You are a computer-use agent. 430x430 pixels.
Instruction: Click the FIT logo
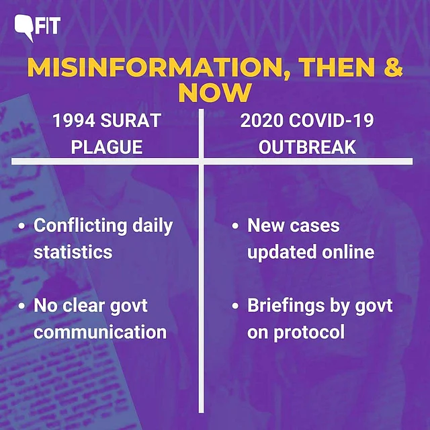(38, 28)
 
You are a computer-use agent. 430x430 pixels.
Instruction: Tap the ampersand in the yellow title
(393, 67)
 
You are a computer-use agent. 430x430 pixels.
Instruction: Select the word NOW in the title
(215, 93)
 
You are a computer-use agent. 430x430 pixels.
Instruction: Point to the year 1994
(74, 120)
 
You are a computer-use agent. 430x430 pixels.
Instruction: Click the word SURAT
(131, 120)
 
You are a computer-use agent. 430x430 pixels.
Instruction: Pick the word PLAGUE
(107, 147)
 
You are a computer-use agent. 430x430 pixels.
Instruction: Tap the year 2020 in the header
(261, 120)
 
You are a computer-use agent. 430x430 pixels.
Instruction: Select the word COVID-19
(331, 120)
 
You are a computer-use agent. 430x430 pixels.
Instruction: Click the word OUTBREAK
(307, 147)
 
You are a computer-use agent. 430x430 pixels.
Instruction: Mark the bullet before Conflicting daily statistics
(21, 226)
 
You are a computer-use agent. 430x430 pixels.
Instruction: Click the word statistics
(73, 252)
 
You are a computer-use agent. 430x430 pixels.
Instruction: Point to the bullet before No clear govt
(21, 306)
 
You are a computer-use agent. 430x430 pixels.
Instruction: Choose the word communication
(100, 332)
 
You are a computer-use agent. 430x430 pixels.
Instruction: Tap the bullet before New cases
(235, 226)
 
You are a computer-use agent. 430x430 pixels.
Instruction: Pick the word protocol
(309, 333)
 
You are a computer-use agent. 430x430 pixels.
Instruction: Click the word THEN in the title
(337, 67)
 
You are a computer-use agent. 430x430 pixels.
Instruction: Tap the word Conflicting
(81, 226)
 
